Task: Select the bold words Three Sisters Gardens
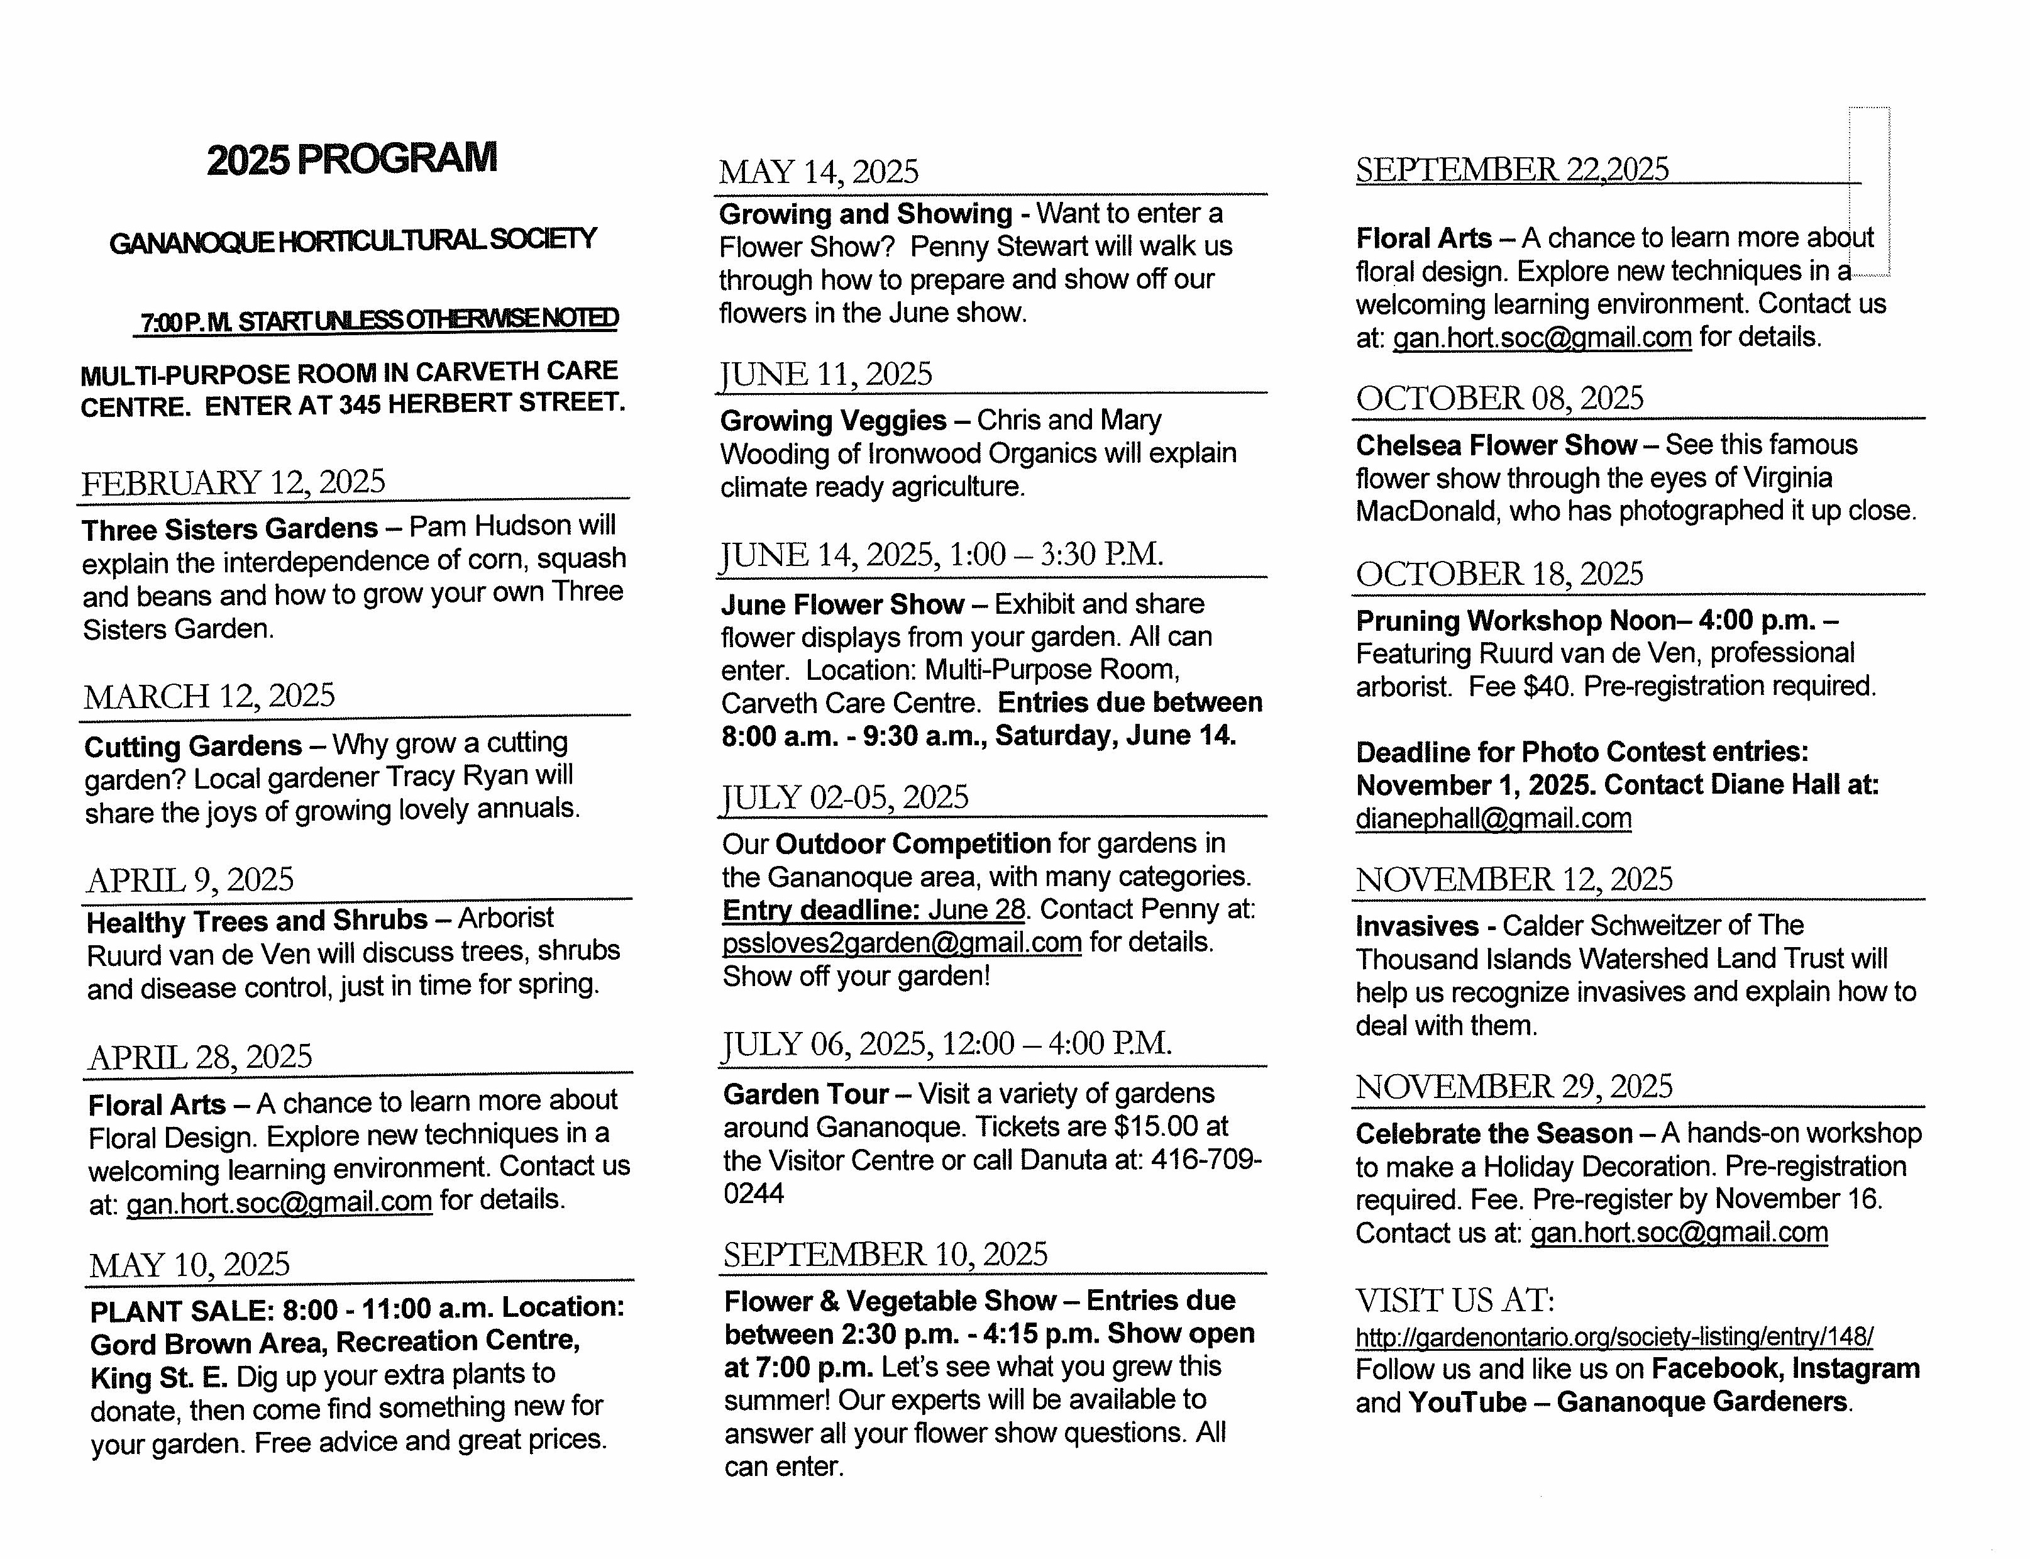coord(229,529)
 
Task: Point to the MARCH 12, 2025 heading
coord(210,696)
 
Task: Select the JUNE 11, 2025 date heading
coord(825,374)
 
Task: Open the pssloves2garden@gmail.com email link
coord(902,943)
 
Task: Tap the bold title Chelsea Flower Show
coord(1496,445)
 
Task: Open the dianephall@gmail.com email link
coord(1493,818)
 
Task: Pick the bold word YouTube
coord(1467,1402)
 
